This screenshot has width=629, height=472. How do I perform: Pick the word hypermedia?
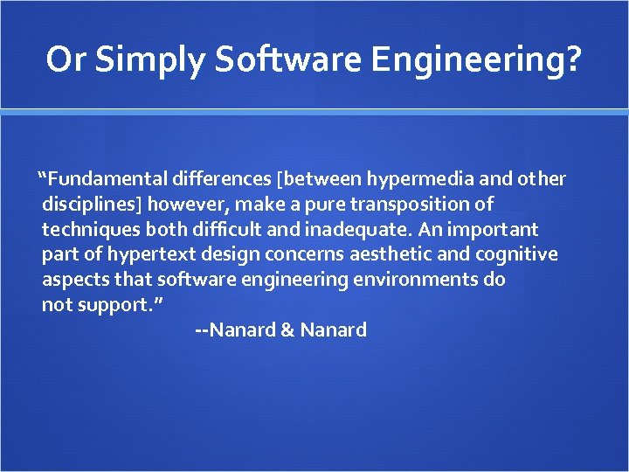(420, 179)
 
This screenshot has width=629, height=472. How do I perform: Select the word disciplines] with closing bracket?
(93, 205)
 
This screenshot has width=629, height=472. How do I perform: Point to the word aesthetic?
(388, 255)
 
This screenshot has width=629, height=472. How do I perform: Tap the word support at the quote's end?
(113, 305)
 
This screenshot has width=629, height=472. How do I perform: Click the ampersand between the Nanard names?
(287, 330)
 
